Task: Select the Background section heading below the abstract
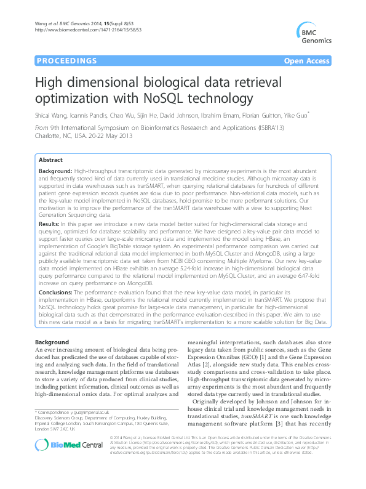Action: click(x=52, y=341)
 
